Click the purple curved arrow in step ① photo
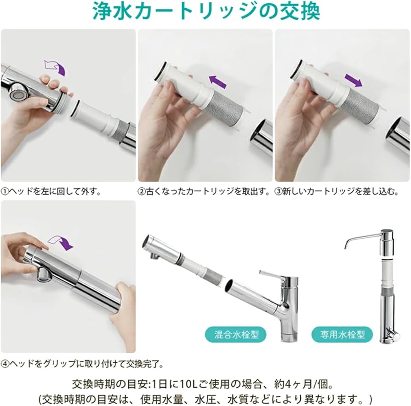[56, 67]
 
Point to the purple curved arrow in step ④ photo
[61, 242]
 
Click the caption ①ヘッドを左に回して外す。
[51, 190]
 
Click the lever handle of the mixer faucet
[274, 274]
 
